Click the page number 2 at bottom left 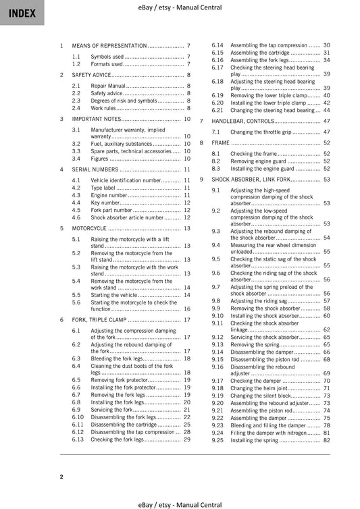(x=61, y=477)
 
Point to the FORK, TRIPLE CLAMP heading (x=98, y=319)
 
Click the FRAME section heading (x=220, y=143)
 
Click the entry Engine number (x=109, y=195)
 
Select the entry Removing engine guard (x=257, y=161)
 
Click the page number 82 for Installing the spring (x=326, y=440)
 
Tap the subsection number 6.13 (x=78, y=439)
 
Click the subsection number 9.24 (x=217, y=433)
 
